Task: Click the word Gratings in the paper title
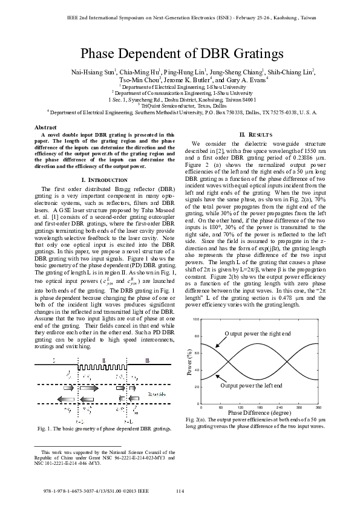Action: [253, 54]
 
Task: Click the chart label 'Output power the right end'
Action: [258, 334]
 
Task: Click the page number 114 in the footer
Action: [180, 491]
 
